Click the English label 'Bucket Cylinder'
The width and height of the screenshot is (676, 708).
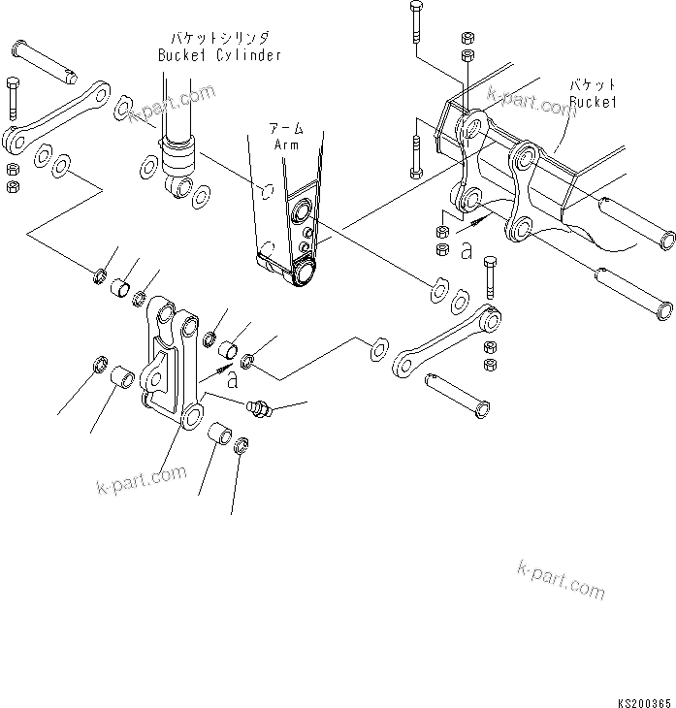click(219, 55)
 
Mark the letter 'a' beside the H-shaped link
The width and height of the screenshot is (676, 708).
click(232, 381)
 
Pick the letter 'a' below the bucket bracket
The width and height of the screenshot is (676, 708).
click(467, 251)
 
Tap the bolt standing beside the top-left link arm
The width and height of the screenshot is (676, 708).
click(13, 102)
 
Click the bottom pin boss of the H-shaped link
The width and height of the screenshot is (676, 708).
click(192, 418)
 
